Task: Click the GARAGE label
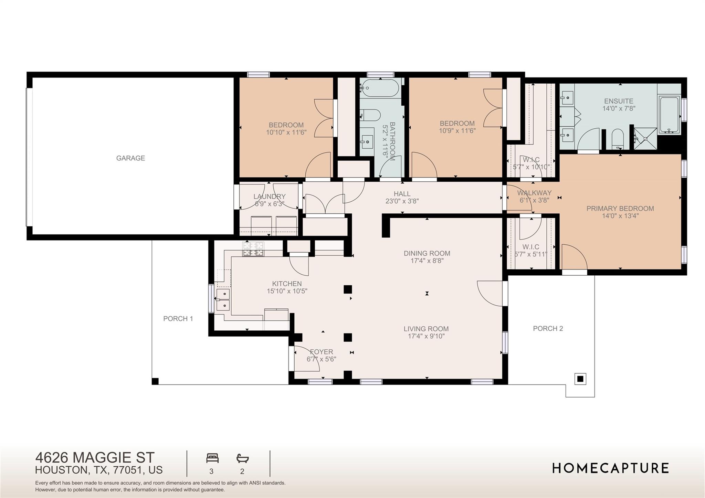coord(130,158)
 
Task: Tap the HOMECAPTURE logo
coord(610,468)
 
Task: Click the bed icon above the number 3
coord(212,458)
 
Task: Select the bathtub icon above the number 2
coord(242,458)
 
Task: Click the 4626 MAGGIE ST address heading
coord(95,458)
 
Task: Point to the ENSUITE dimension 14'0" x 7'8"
coord(619,108)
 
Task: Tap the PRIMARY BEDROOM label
coord(620,209)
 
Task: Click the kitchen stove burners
coord(253,249)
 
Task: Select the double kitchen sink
coord(223,300)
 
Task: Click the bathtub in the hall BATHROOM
coord(380,88)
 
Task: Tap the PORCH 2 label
coord(548,328)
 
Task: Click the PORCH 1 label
coord(178,319)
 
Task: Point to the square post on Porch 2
coord(580,379)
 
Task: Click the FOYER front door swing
coord(306,360)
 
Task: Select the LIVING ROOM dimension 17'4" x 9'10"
coord(426,336)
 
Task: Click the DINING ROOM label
coord(427,253)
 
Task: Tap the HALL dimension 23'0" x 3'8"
coord(402,201)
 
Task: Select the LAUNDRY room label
coord(269,197)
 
